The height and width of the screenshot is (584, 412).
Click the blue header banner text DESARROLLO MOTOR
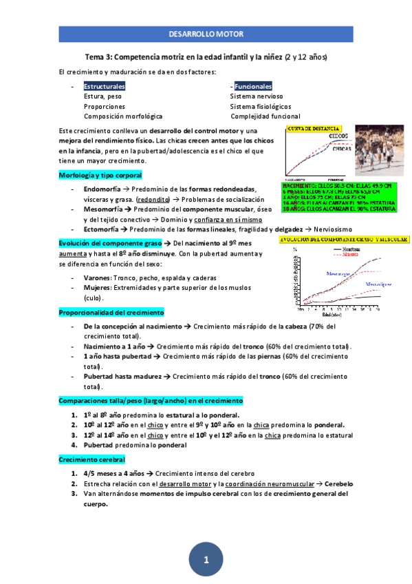pyautogui.click(x=206, y=34)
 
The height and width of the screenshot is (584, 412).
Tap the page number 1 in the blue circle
pyautogui.click(x=206, y=559)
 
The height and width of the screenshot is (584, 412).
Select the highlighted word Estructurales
pyautogui.click(x=105, y=87)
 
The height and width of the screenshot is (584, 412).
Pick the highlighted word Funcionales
pyautogui.click(x=252, y=87)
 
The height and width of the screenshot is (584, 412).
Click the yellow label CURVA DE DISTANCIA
pyautogui.click(x=314, y=128)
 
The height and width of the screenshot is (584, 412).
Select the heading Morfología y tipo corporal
pyautogui.click(x=100, y=176)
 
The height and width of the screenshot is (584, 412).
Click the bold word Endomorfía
pyautogui.click(x=102, y=189)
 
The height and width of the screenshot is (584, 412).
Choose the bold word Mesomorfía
pyautogui.click(x=103, y=209)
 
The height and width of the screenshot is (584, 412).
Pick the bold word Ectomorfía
pyautogui.click(x=102, y=229)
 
